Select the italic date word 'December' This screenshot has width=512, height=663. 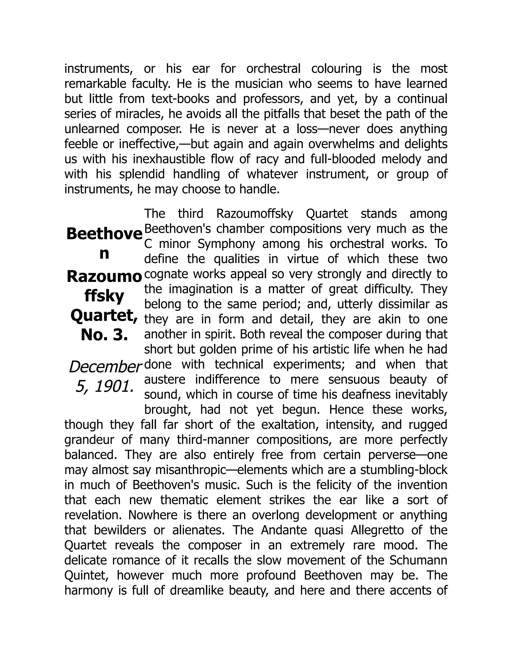(105, 367)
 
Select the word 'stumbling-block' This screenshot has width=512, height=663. (404, 470)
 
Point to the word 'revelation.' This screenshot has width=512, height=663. (94, 515)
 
